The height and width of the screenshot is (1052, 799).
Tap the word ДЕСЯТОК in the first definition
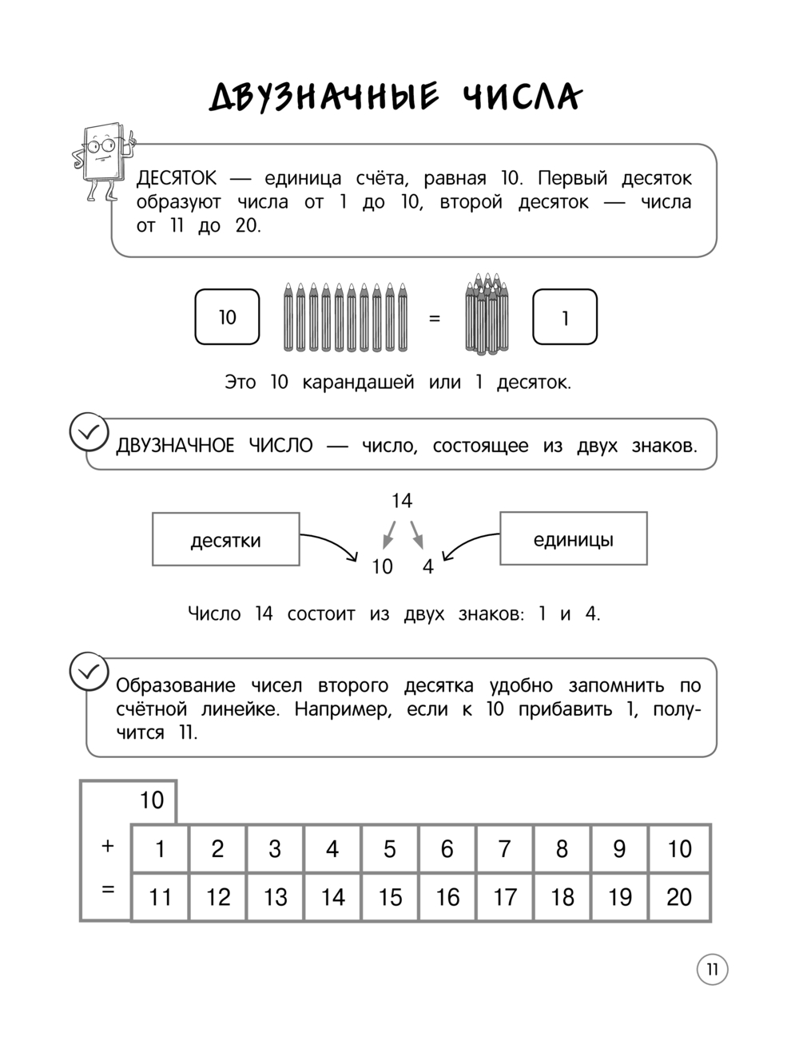(176, 179)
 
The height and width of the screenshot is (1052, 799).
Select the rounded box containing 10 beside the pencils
(228, 317)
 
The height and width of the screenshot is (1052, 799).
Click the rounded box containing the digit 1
(565, 317)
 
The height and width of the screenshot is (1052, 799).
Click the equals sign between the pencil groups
(435, 318)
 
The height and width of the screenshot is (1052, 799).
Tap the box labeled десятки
(226, 540)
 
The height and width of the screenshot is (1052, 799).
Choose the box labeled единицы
(573, 539)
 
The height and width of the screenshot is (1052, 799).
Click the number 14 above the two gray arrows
(402, 501)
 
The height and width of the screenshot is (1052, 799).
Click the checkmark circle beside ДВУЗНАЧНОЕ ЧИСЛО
(89, 432)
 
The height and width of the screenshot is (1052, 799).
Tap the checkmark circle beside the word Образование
(89, 672)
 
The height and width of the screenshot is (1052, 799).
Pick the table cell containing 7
(504, 848)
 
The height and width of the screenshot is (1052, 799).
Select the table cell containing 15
(390, 897)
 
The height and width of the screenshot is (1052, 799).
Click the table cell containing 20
(679, 897)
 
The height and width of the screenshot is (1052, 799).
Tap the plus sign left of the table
(109, 846)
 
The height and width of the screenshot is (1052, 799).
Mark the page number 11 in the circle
(712, 970)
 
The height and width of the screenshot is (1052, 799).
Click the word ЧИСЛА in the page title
(522, 97)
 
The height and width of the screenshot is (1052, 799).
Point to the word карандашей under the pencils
(358, 382)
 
